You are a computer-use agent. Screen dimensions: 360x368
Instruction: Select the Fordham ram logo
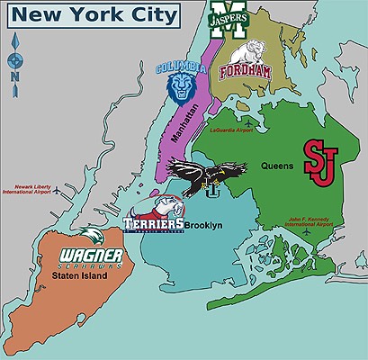242,59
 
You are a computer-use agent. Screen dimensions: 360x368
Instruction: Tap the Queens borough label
277,166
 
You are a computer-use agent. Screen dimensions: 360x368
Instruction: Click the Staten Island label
80,276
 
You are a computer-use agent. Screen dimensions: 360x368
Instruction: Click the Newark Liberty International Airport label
26,188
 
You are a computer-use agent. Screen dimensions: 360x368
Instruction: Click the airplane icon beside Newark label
58,192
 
